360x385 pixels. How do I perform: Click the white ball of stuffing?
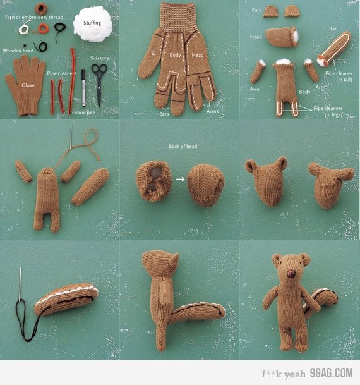(93, 24)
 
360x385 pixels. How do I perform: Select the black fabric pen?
(83, 88)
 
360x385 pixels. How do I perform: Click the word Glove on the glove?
(28, 85)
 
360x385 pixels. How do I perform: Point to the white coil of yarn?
(24, 29)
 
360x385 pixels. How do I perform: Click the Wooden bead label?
(18, 51)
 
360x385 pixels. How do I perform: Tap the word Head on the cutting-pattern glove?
(198, 55)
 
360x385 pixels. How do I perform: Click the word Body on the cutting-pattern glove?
(175, 55)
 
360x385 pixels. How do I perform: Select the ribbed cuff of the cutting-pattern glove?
(178, 18)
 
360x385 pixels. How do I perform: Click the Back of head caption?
(183, 146)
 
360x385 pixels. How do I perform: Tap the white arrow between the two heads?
(180, 179)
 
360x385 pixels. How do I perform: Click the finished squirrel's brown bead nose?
(291, 274)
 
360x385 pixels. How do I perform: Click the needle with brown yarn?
(71, 137)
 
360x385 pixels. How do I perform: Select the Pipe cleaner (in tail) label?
(339, 76)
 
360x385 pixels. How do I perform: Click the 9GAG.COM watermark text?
(332, 373)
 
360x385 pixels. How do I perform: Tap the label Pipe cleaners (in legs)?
(328, 111)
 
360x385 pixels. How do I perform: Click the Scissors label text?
(100, 58)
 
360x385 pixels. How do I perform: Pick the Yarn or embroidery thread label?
(34, 17)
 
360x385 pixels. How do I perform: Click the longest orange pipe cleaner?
(72, 78)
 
